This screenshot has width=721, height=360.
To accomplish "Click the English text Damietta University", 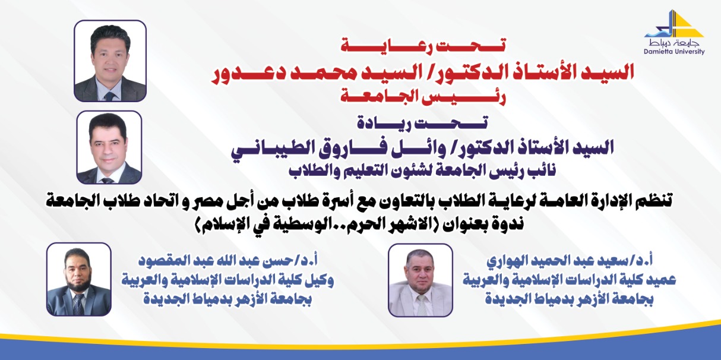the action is [674, 52].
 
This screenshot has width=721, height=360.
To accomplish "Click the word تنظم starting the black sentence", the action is [654, 201].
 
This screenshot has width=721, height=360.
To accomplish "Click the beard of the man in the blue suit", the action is [78, 282].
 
